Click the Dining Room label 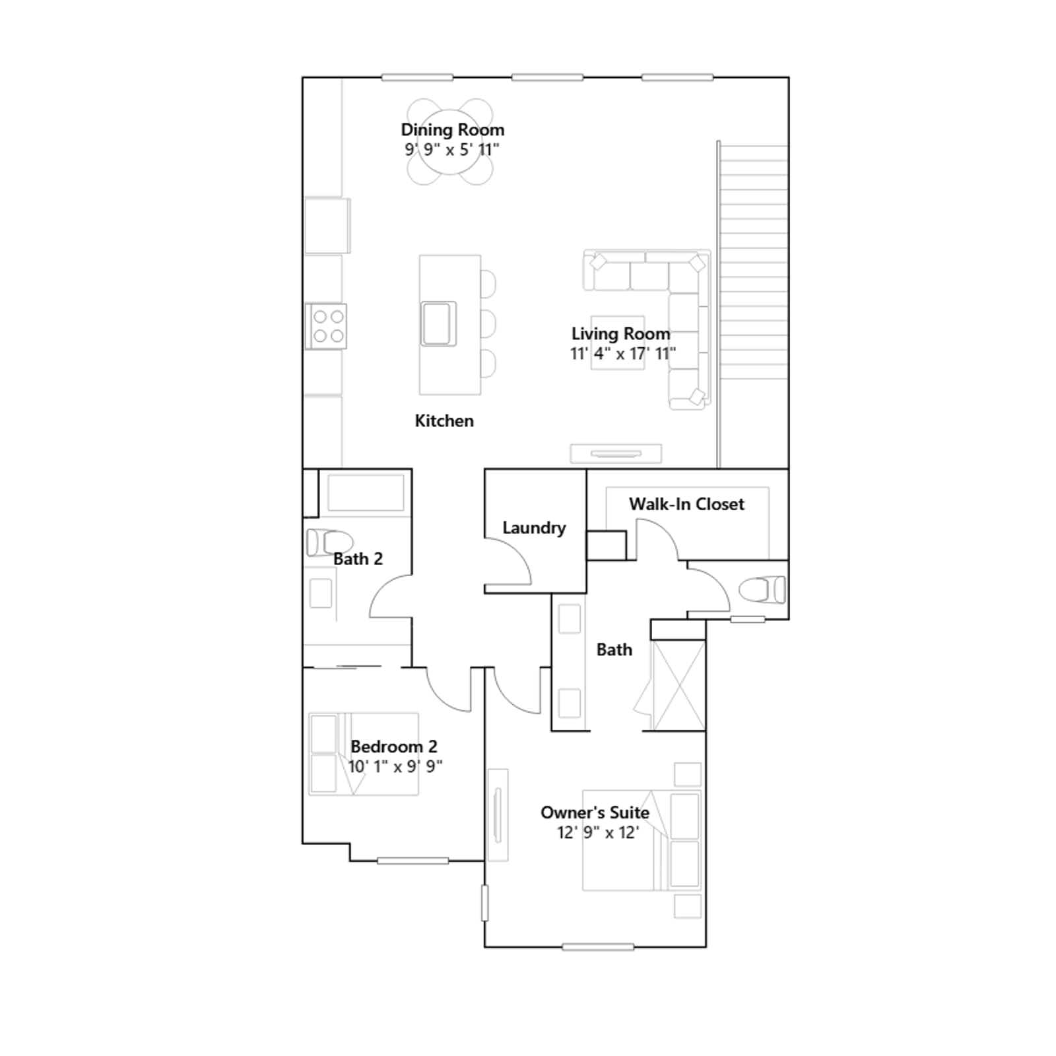click(453, 130)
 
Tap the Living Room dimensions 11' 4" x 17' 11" click(623, 354)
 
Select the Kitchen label click(444, 420)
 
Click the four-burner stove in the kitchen click(327, 326)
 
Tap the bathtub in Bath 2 click(366, 492)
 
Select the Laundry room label click(534, 527)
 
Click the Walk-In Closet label click(686, 504)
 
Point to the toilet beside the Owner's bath click(763, 589)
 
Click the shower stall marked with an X click(678, 685)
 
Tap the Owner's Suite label click(595, 812)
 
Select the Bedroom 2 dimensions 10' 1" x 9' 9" click(395, 766)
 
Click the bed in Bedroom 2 click(364, 754)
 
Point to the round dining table click(450, 142)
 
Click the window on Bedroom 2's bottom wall click(412, 861)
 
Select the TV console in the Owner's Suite click(498, 815)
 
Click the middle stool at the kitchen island click(488, 323)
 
